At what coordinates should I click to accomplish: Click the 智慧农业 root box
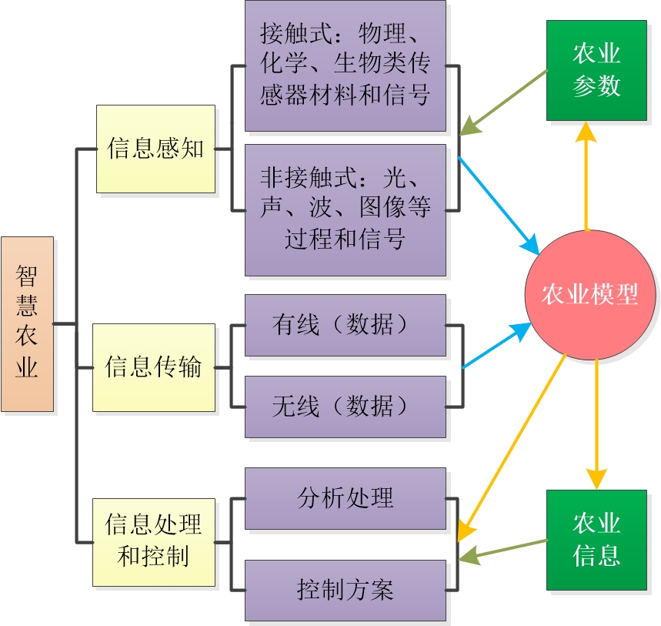coord(28,323)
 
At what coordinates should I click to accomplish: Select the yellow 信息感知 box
coord(155,149)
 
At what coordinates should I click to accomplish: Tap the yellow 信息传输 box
coord(154,367)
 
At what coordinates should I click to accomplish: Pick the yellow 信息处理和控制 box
coord(154,542)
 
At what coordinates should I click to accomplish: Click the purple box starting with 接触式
coord(346,65)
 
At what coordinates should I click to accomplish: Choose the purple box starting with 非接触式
coord(346,209)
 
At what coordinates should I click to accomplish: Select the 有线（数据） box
coord(346,325)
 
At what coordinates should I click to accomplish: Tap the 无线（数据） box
coord(346,406)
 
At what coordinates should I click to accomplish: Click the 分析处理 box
coord(346,498)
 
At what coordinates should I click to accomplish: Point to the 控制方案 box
coord(346,590)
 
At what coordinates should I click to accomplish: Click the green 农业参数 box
coord(596,70)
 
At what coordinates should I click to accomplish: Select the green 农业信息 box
coord(596,540)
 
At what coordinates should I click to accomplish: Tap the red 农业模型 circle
coord(590,295)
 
